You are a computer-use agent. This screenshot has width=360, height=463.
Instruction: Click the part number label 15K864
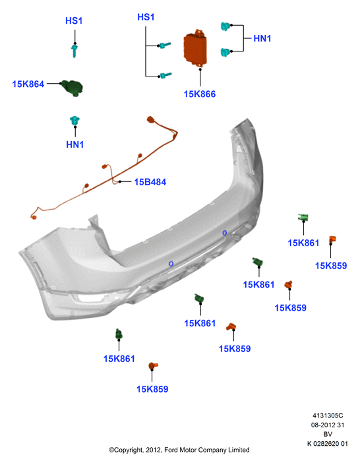click(28, 84)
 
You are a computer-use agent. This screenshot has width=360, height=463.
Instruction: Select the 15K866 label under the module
click(200, 94)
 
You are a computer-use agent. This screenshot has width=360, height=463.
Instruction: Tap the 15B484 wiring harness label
click(150, 182)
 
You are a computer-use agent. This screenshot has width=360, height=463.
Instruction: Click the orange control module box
click(195, 48)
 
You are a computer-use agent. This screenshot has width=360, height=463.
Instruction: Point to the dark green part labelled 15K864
click(72, 88)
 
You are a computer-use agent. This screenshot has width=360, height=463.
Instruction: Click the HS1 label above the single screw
click(74, 20)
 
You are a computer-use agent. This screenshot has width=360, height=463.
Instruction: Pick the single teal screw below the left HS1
click(75, 51)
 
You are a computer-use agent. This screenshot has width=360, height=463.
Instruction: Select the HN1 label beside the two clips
click(262, 38)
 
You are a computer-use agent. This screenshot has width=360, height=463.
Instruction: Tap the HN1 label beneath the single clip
click(75, 144)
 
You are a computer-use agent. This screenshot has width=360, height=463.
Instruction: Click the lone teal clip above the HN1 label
click(75, 121)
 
